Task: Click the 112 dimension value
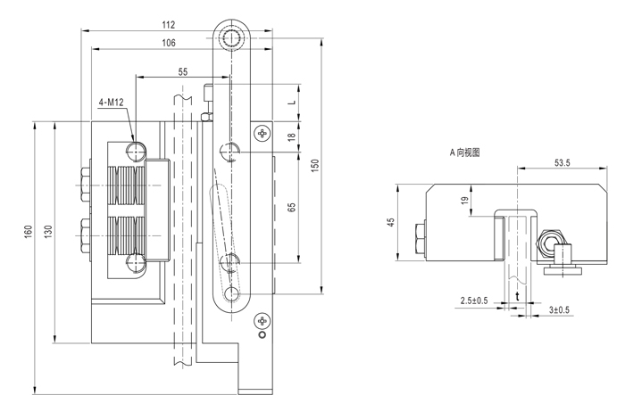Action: point(169,25)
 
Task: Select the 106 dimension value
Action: point(169,43)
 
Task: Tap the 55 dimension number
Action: point(182,72)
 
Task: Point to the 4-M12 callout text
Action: point(112,103)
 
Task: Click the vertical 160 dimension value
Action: point(29,232)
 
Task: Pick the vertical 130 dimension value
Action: point(48,232)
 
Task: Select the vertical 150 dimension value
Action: point(315,165)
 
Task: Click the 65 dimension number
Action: point(292,207)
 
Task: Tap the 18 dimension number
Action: point(292,136)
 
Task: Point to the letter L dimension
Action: point(292,103)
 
